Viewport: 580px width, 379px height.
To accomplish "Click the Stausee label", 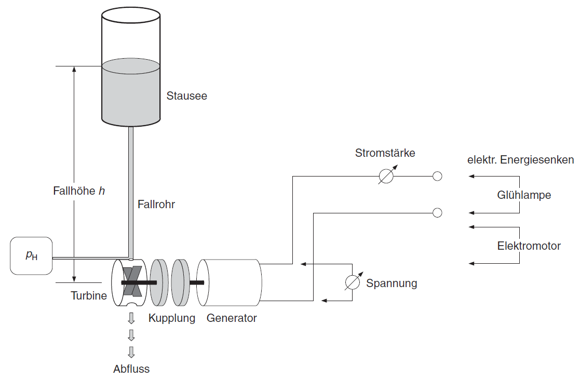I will (186, 96).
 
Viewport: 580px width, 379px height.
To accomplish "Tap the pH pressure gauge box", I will (31, 255).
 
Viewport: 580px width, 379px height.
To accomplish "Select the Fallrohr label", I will (156, 205).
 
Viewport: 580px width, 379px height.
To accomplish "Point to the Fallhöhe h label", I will (79, 191).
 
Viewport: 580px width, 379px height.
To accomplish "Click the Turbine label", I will (89, 296).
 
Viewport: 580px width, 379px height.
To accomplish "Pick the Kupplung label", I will (172, 318).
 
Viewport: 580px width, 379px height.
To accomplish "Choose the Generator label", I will (232, 318).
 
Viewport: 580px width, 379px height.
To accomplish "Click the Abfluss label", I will (131, 369).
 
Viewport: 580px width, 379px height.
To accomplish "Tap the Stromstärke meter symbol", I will (386, 177).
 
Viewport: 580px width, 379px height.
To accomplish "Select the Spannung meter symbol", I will (353, 281).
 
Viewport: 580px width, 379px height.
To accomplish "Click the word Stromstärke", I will (385, 153).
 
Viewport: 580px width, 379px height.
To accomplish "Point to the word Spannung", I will (392, 283).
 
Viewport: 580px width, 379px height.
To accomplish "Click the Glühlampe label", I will (524, 195).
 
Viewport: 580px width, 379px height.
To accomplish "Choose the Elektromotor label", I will (529, 246).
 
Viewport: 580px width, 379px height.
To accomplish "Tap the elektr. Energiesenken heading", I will (520, 160).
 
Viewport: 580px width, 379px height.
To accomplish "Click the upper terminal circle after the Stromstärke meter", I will (437, 177).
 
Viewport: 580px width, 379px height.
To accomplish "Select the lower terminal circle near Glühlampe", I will (437, 212).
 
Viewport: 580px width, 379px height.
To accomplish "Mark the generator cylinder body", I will (234, 282).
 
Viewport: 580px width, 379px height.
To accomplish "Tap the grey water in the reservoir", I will (130, 93).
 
